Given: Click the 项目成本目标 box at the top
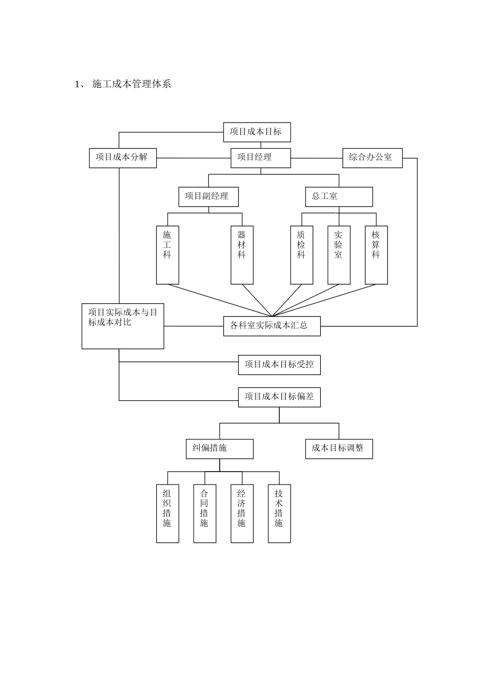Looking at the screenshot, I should [x=257, y=132].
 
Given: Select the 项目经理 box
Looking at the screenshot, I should [x=261, y=157].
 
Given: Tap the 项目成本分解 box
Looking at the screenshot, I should [x=122, y=157].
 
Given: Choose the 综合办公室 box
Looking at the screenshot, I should [x=372, y=157].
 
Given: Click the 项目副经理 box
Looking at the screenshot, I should [x=209, y=196].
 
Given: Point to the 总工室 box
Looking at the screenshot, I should [x=338, y=196].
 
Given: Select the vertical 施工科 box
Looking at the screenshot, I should [x=167, y=254].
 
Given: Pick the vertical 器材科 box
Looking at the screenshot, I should [x=242, y=254].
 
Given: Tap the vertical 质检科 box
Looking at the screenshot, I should [x=302, y=254].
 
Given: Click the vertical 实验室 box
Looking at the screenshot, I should [x=339, y=254].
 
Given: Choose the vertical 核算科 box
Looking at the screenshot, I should [x=376, y=254].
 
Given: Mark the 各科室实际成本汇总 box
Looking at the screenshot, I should [x=271, y=326].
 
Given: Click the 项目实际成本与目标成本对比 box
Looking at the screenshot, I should [x=123, y=326].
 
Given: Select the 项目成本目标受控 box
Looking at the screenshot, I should [x=279, y=364].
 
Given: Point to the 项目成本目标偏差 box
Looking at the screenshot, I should [x=279, y=397].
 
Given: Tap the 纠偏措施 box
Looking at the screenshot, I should [x=220, y=448].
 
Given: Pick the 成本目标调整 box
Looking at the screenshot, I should [x=338, y=448].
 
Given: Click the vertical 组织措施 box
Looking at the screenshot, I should [x=167, y=513].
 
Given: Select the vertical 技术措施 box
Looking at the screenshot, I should [x=279, y=513].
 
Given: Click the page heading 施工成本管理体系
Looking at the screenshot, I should [x=131, y=84].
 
